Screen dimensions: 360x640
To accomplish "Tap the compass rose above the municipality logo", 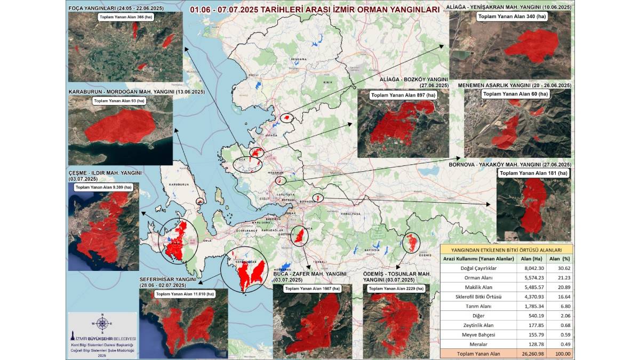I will click(x=102, y=323).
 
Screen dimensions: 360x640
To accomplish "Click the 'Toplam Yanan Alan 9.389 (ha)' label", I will click(x=103, y=187).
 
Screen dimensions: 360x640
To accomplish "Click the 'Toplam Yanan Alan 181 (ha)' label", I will click(x=533, y=173).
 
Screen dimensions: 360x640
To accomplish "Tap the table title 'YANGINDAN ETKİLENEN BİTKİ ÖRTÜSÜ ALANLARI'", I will click(x=506, y=249).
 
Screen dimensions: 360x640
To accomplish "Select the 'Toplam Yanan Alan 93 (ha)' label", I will click(x=118, y=101).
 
